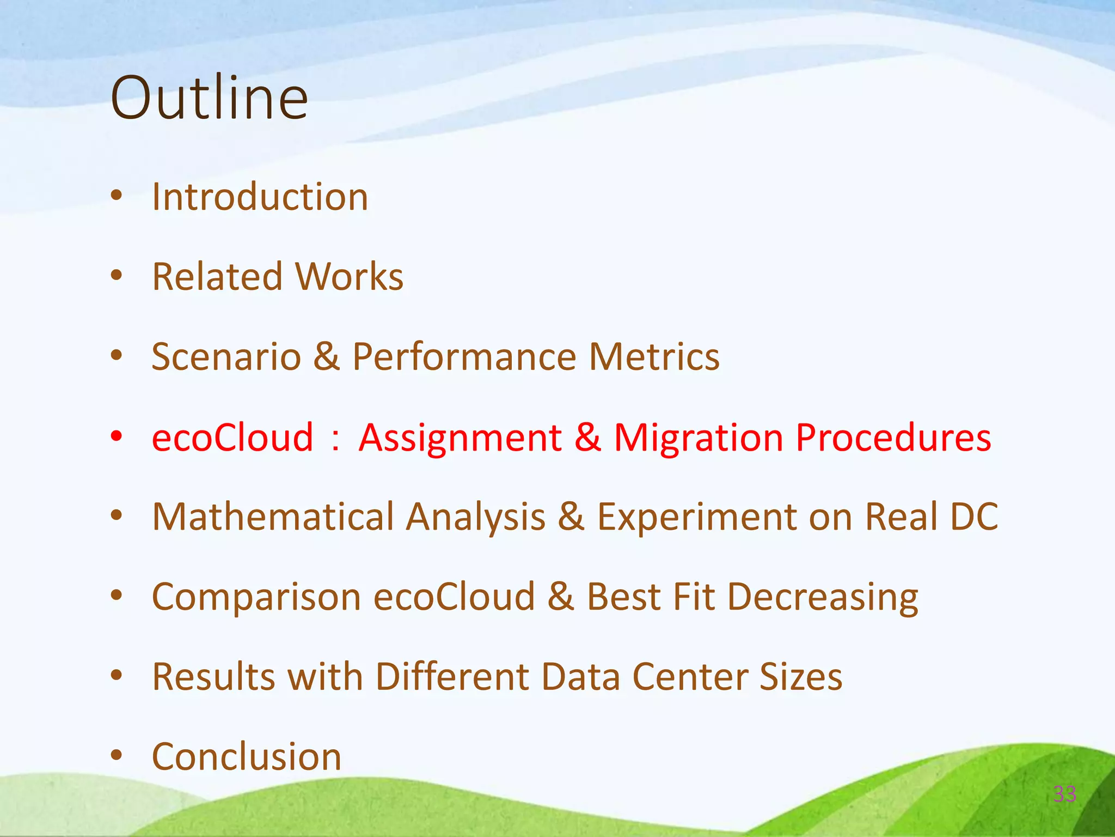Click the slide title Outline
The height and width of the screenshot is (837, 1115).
[209, 98]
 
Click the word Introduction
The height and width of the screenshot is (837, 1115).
[260, 197]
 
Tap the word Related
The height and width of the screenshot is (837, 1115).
[217, 277]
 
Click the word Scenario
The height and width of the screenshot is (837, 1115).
[226, 357]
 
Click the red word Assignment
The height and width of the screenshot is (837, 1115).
[460, 438]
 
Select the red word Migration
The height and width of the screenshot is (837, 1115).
[699, 438]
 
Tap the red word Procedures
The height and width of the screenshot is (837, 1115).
[893, 438]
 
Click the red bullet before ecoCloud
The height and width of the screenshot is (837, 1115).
[116, 436]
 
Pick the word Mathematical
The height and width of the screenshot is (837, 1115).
[273, 517]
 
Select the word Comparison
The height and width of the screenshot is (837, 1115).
[256, 597]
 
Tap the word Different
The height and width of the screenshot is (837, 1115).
[451, 677]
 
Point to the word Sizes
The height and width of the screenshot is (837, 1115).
[800, 677]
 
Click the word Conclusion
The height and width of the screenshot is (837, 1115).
[246, 757]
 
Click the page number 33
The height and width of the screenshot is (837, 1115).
[1064, 794]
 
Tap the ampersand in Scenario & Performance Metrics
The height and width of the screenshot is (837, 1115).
[327, 357]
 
